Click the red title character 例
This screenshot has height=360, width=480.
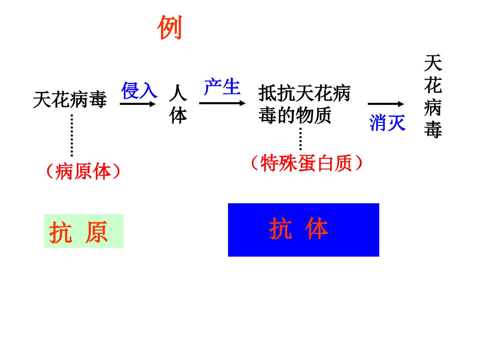click(x=170, y=27)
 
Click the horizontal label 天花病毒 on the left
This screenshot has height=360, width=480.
click(x=70, y=100)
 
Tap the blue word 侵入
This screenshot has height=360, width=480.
click(x=139, y=90)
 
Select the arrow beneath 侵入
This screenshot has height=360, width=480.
click(x=138, y=104)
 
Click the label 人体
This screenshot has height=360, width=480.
click(x=178, y=104)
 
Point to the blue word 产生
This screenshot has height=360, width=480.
click(x=222, y=87)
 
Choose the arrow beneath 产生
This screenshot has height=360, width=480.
click(x=222, y=103)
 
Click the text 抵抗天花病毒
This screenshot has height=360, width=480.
click(x=304, y=93)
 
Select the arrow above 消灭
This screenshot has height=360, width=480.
click(x=386, y=104)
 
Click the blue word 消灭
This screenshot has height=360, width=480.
click(x=387, y=123)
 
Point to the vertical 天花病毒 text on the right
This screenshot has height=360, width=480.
click(x=433, y=96)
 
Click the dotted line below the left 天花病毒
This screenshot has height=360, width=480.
click(x=72, y=135)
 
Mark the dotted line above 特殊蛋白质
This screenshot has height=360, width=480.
click(x=300, y=139)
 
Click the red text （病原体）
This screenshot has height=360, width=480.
click(x=83, y=171)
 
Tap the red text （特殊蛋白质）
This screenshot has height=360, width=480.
click(x=307, y=163)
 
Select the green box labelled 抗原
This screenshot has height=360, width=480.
click(x=84, y=231)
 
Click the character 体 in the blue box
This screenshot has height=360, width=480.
click(x=317, y=228)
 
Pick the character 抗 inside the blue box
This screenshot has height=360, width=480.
click(x=281, y=228)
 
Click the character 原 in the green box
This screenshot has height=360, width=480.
click(x=96, y=232)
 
